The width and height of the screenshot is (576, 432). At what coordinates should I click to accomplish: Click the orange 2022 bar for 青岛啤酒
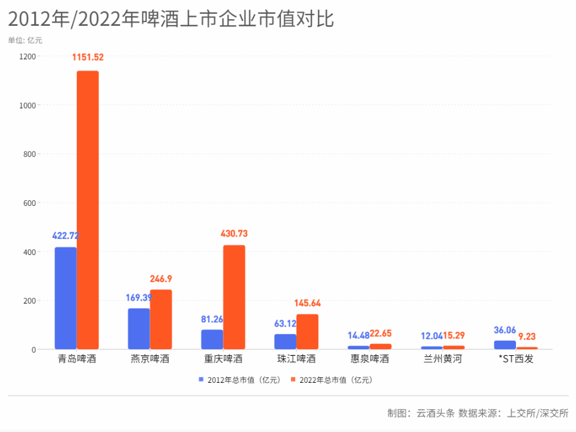(x=88, y=210)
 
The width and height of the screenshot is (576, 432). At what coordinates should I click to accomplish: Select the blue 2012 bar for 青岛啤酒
(x=65, y=298)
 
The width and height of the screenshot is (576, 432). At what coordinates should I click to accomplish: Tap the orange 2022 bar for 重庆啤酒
(x=234, y=297)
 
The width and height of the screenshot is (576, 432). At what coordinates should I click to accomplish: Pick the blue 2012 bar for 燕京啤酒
(x=139, y=329)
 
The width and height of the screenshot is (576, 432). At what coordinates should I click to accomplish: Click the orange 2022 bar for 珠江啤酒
(x=307, y=332)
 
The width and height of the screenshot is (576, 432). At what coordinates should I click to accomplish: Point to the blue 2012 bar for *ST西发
(x=505, y=345)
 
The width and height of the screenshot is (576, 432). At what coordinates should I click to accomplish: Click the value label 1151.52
(x=88, y=58)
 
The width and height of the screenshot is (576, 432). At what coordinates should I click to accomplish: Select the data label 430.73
(x=235, y=233)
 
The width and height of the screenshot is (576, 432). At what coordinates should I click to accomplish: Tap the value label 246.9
(x=161, y=278)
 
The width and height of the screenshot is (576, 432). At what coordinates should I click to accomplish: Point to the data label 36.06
(x=505, y=330)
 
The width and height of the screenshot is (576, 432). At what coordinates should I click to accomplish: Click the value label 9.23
(x=527, y=337)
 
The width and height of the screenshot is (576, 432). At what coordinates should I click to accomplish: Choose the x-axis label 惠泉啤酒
(x=370, y=359)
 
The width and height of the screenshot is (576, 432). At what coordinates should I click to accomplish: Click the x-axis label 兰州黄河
(x=443, y=359)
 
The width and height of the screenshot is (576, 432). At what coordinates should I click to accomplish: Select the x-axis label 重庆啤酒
(x=223, y=359)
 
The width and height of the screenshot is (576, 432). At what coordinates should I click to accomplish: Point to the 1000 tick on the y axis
(x=29, y=106)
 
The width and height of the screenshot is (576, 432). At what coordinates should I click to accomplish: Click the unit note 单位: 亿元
(x=25, y=41)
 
